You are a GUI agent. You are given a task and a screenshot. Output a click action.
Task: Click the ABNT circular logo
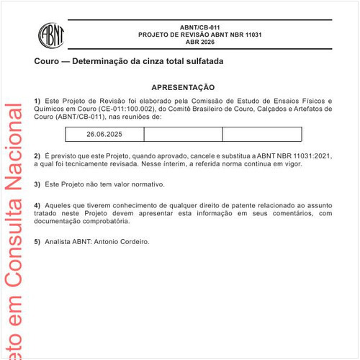[x=51, y=34]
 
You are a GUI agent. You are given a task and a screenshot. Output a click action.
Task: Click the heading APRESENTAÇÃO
[x=183, y=86]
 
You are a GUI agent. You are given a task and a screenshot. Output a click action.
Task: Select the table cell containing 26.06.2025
[x=104, y=134]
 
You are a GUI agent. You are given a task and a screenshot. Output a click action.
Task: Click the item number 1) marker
[x=37, y=100]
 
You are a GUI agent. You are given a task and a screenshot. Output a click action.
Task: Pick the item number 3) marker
[x=37, y=184]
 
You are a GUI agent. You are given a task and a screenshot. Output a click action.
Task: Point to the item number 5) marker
[x=37, y=241]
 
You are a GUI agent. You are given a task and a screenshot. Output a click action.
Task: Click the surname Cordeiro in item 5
[x=131, y=241]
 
